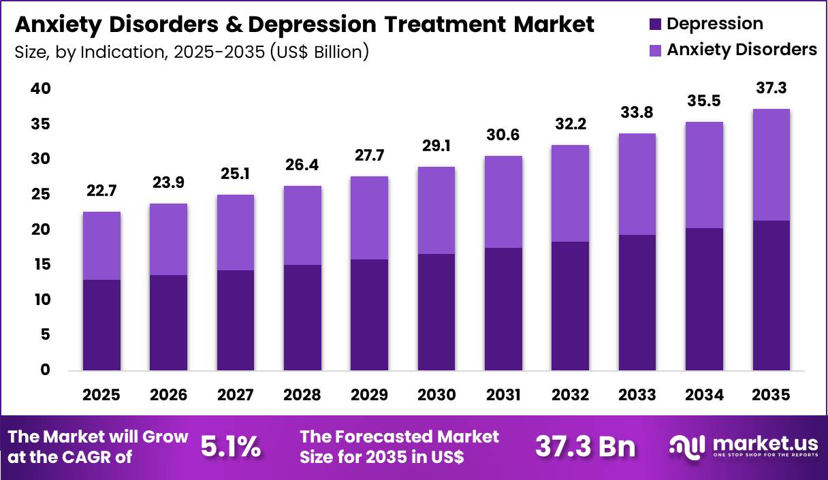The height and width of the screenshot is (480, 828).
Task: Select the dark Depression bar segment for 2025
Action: click(x=101, y=325)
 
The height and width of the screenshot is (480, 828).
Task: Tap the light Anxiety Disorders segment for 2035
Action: click(x=771, y=165)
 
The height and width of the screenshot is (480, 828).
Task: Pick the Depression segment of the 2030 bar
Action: click(x=436, y=313)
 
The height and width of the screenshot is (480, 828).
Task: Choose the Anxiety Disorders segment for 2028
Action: click(x=302, y=225)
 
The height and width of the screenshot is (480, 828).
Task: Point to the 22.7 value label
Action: click(x=101, y=192)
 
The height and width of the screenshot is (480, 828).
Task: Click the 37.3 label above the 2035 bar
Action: click(x=771, y=89)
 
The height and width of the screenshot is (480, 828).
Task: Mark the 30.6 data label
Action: click(x=503, y=135)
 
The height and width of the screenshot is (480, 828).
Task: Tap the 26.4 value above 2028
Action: click(x=302, y=165)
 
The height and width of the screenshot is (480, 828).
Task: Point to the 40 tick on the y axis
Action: click(x=40, y=89)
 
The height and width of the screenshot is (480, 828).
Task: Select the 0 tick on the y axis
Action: click(x=45, y=370)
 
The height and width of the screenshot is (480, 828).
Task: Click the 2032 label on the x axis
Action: click(x=570, y=396)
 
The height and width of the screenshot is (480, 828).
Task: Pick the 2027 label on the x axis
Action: click(x=236, y=396)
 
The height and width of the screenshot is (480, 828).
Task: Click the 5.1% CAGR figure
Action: click(x=231, y=447)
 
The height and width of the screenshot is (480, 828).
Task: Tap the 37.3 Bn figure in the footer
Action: click(x=585, y=447)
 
